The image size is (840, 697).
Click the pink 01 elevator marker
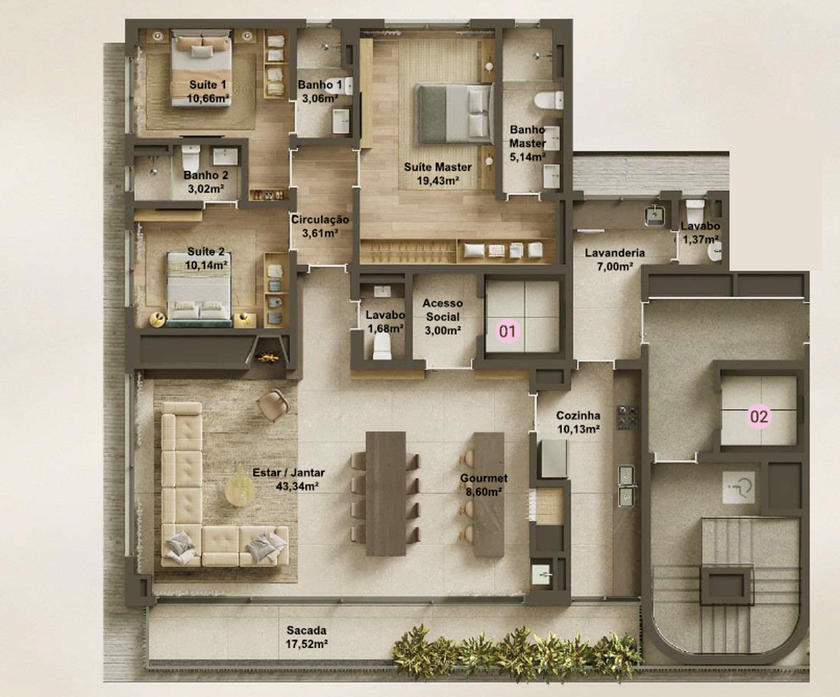pos(508,331)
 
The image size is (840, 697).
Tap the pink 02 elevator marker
pos(759,417)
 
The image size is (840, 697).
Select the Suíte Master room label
pos(438,167)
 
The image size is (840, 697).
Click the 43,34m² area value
pos(297,486)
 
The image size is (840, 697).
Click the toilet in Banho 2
pos(191,157)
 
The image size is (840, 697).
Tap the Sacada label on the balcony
pos(306,630)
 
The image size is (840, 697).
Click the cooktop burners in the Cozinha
pos(627,417)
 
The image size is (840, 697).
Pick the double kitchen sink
pos(626,486)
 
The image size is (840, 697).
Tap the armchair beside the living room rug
pos(273,405)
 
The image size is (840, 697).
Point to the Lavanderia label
pos(615,253)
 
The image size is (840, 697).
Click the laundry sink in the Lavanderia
pos(654,215)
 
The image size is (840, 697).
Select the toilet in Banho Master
pos(549,100)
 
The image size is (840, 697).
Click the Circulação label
pos(320,220)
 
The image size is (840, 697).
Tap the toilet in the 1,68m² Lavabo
pos(382,346)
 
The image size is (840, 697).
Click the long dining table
pos(386,493)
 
